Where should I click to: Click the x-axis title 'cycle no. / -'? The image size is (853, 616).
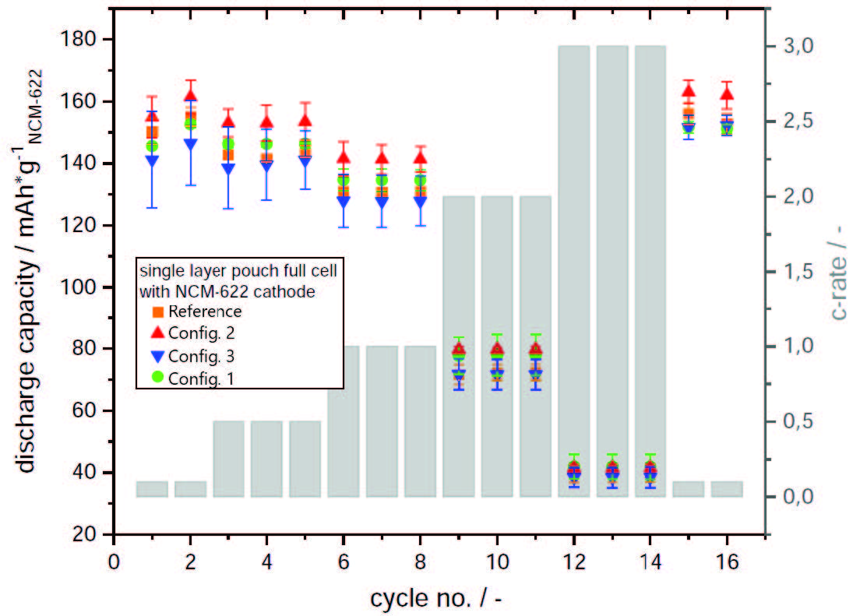point(440,597)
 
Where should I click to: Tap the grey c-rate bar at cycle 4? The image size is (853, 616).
point(266,459)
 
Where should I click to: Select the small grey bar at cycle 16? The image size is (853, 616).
point(726,489)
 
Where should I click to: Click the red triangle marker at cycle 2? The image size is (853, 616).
point(190,96)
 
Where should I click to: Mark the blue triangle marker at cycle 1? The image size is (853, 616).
point(152,160)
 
